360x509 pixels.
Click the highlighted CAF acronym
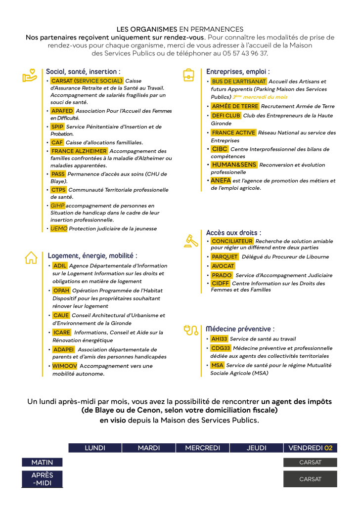57,142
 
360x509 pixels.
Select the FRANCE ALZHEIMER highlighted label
79,151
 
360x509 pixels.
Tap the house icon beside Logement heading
31,257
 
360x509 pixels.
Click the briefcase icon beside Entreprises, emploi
189,75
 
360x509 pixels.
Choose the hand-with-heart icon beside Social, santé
30,75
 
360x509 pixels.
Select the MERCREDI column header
202,448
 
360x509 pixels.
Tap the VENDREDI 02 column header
310,448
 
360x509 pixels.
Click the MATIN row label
42,463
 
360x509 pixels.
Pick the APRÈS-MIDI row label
42,479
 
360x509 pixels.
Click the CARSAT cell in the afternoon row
310,479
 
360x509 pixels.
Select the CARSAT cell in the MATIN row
310,463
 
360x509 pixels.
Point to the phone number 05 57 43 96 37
245,53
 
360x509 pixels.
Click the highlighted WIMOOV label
64,366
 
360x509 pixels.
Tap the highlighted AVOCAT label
223,266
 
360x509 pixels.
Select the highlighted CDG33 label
221,348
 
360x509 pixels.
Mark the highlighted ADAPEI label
63,349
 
